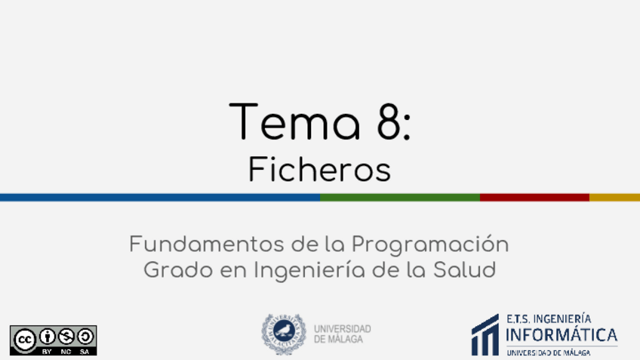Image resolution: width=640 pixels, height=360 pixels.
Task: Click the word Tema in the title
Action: pyautogui.click(x=294, y=122)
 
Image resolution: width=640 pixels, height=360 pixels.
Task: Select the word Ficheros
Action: pyautogui.click(x=319, y=169)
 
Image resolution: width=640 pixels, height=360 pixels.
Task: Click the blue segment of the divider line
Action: pyautogui.click(x=160, y=198)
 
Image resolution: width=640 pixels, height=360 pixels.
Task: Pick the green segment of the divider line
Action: pyautogui.click(x=400, y=198)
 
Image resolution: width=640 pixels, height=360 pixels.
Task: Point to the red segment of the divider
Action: pyautogui.click(x=534, y=198)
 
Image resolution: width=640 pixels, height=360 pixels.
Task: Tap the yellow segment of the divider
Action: pyautogui.click(x=614, y=198)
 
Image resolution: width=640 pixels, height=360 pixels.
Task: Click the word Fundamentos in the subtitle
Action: pyautogui.click(x=207, y=244)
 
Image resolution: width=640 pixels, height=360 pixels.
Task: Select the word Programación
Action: pyautogui.click(x=430, y=245)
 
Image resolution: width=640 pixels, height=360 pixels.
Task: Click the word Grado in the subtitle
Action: pyautogui.click(x=178, y=269)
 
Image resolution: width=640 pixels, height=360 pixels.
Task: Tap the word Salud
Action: pyautogui.click(x=464, y=269)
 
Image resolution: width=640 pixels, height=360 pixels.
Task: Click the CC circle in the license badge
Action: pyautogui.click(x=24, y=340)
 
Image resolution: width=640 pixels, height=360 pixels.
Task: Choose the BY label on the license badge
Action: pyautogui.click(x=47, y=352)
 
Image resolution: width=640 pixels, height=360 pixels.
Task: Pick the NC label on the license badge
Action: pyautogui.click(x=66, y=352)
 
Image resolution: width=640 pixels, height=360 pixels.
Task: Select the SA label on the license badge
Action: pyautogui.click(x=85, y=352)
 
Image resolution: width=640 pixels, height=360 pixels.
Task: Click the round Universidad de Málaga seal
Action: pyautogui.click(x=284, y=334)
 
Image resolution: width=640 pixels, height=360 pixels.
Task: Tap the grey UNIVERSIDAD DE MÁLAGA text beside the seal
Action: pyautogui.click(x=343, y=334)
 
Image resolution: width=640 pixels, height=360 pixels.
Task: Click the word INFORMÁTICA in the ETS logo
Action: pyautogui.click(x=562, y=334)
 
